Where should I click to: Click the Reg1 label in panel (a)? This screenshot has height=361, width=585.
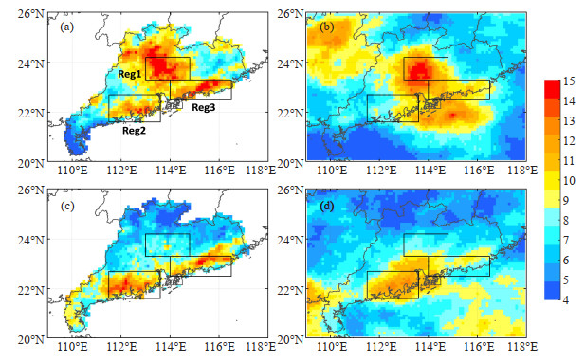pyautogui.click(x=130, y=74)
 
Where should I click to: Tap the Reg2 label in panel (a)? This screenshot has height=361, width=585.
pyautogui.click(x=134, y=131)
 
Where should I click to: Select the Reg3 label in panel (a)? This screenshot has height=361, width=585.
pyautogui.click(x=203, y=108)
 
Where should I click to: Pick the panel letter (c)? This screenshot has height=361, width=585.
pyautogui.click(x=67, y=207)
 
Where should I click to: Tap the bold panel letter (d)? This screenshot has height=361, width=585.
pyautogui.click(x=327, y=207)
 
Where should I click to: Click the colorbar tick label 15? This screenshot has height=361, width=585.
pyautogui.click(x=569, y=81)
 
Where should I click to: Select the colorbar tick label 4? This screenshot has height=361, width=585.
pyautogui.click(x=566, y=299)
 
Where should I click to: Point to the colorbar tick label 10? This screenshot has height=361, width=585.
pyautogui.click(x=569, y=180)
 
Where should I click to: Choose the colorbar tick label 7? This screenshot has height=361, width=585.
pyautogui.click(x=566, y=240)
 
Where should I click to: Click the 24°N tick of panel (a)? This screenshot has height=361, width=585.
pyautogui.click(x=30, y=63)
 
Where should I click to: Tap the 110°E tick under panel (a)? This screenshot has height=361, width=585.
pyautogui.click(x=72, y=171)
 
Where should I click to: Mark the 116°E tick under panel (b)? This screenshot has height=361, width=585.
pyautogui.click(x=478, y=171)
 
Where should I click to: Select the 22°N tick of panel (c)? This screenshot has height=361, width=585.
pyautogui.click(x=30, y=289)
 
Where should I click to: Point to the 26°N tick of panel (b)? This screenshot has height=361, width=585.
pyautogui.click(x=291, y=14)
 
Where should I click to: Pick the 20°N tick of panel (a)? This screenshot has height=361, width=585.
pyautogui.click(x=30, y=163)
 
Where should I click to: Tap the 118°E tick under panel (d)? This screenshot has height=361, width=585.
pyautogui.click(x=522, y=347)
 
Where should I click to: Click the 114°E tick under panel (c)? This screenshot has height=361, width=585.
pyautogui.click(x=170, y=347)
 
